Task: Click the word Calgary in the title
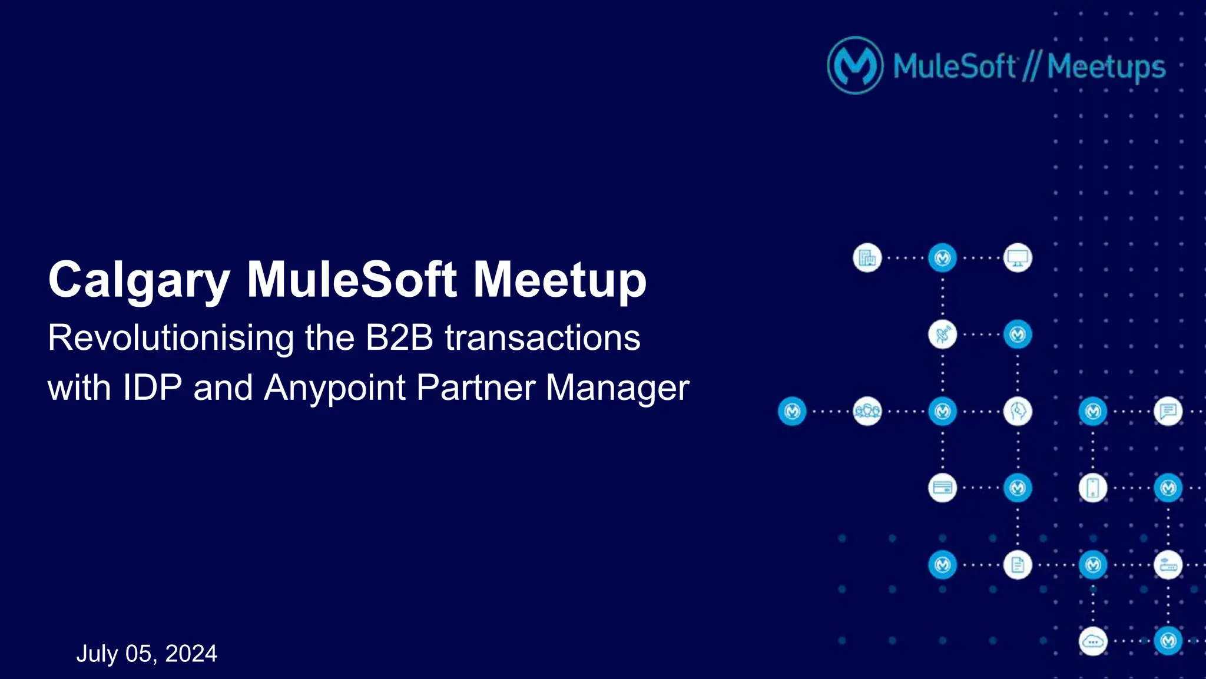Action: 139,281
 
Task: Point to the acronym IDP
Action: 152,388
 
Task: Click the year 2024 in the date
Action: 191,654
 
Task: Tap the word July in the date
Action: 97,654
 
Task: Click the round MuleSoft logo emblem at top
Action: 855,65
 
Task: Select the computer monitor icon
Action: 1018,258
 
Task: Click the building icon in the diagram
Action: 867,258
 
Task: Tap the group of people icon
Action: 867,411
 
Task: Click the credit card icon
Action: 942,488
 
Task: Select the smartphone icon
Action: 1093,488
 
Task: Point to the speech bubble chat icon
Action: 1168,411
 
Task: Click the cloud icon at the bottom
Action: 1093,641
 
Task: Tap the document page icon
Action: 1018,565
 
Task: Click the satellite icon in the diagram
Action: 942,334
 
